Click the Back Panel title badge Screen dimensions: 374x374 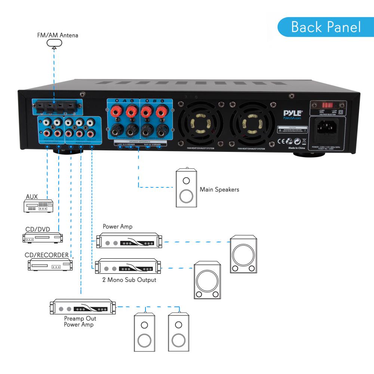(326, 27)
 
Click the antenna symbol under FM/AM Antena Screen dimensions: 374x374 (54, 44)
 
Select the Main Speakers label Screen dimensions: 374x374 (219, 190)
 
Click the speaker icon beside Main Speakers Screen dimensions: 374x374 (186, 187)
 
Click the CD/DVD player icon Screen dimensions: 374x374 (42, 237)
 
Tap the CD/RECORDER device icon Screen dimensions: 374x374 (50, 264)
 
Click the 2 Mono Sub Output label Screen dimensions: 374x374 (129, 280)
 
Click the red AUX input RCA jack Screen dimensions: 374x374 (46, 133)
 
